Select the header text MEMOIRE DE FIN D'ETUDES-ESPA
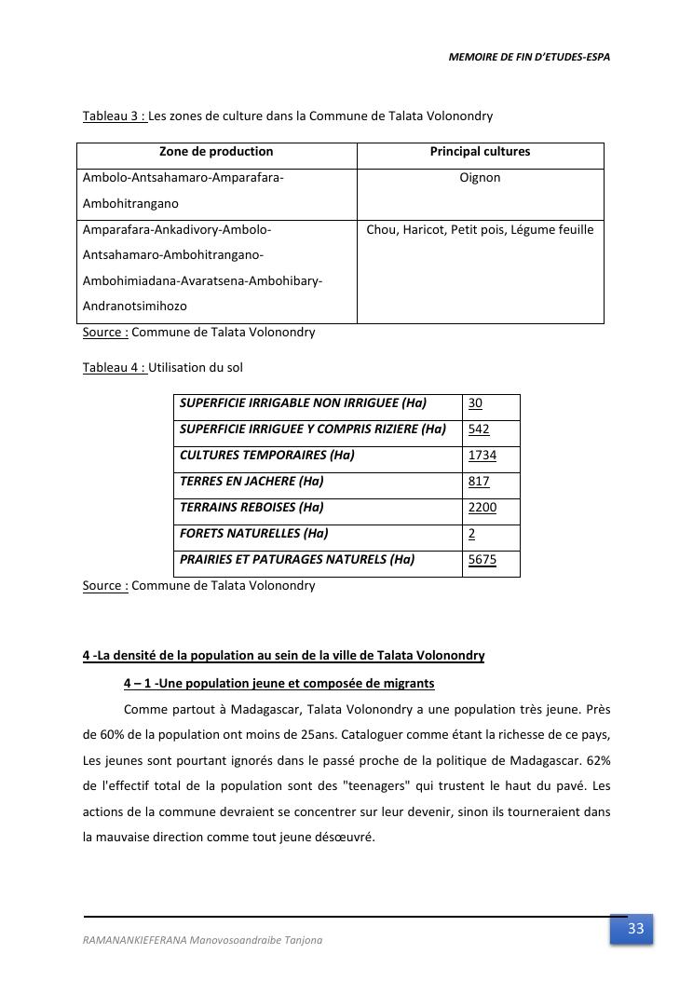click(529, 57)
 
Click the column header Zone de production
click(216, 152)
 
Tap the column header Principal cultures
click(480, 152)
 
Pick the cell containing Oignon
click(480, 178)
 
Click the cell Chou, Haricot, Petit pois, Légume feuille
click(480, 230)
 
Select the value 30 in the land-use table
click(475, 403)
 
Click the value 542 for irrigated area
click(479, 429)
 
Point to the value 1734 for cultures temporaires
click(482, 456)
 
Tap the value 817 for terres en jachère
click(479, 482)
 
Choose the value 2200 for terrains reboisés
click(482, 508)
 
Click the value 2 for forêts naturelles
click(472, 534)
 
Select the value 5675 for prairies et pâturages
click(482, 560)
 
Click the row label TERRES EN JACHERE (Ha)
click(251, 482)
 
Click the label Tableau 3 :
click(115, 116)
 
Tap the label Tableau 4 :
click(115, 368)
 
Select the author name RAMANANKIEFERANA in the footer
click(134, 940)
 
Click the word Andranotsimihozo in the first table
click(135, 307)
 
